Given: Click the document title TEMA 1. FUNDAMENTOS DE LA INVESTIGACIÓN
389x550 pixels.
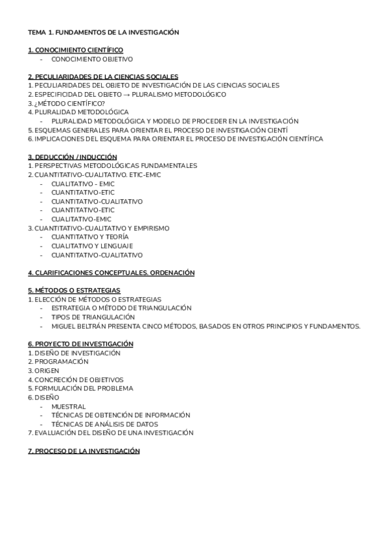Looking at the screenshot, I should pos(103,32).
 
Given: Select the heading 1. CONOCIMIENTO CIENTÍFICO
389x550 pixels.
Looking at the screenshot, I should pos(75,50).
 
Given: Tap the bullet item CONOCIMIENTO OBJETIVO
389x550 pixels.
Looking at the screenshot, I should pos(91,58).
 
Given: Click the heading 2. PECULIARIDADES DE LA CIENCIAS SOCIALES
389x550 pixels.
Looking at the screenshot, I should pos(103,77).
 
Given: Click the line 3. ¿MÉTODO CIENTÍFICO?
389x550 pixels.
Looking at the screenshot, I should pos(67,103).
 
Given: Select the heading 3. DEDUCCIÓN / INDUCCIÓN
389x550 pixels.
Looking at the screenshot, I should pos(72,157).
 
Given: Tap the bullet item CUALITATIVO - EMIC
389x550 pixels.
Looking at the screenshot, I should pos(83,184).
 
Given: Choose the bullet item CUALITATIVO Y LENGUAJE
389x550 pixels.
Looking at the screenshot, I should pos(92,246).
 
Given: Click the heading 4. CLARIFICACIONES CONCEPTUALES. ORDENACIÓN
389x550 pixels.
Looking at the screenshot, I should pos(111,273).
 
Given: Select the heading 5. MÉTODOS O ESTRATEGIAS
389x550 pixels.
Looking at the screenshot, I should pos(74,291).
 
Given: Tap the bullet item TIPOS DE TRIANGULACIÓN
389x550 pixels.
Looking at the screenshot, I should pos(93,317).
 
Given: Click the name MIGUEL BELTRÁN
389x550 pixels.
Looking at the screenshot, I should pos(77,326).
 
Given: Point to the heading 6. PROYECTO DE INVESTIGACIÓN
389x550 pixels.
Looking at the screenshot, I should pos(80,344).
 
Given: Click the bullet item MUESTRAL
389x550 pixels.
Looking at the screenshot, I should pos(69,407).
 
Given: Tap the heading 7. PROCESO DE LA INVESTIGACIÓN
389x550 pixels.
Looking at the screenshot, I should pos(84,451).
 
